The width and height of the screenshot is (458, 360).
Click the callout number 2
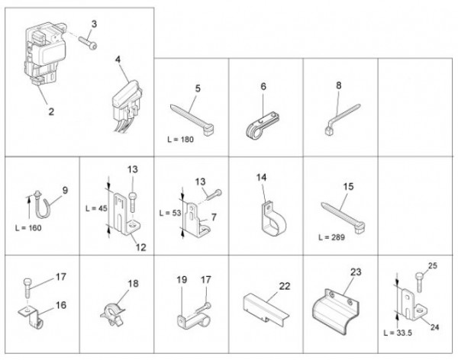[51, 111]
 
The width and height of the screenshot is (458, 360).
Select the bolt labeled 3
[88, 43]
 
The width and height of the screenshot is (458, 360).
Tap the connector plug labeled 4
[126, 106]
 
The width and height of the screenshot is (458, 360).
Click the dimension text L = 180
[180, 140]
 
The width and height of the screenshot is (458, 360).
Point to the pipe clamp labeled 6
[262, 125]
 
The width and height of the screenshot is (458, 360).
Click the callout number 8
[338, 85]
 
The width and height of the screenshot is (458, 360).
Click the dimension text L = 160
[28, 228]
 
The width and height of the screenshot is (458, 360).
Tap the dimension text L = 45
[96, 208]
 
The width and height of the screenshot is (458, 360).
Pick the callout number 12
[140, 247]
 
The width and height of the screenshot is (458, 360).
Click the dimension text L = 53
[170, 213]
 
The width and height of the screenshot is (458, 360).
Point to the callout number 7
[214, 217]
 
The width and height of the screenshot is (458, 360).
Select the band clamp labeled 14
[272, 218]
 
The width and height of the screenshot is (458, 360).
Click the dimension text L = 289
[331, 237]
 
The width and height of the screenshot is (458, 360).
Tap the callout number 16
[61, 305]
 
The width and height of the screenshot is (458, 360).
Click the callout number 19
[182, 280]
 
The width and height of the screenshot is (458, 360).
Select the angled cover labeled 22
[265, 309]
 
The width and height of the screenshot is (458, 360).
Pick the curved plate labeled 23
[335, 311]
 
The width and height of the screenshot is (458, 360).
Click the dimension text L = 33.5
[398, 333]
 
